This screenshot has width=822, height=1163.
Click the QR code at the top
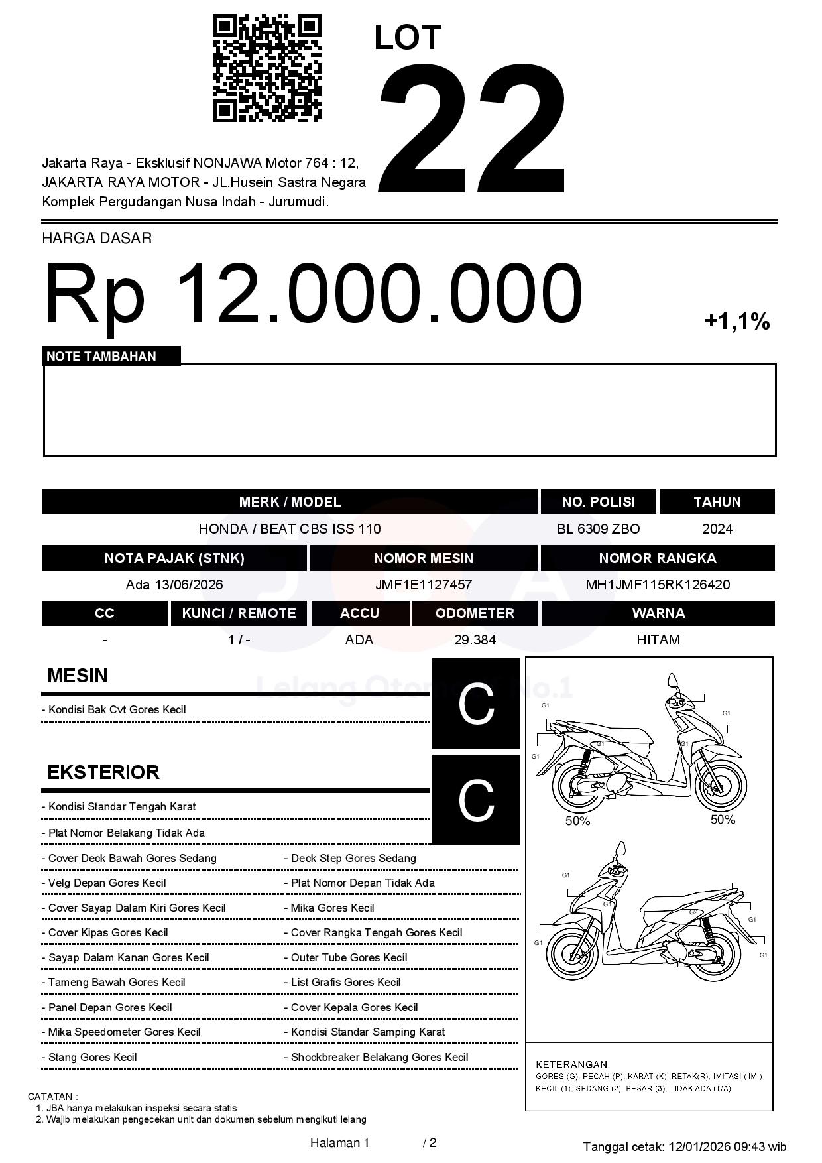coord(266,68)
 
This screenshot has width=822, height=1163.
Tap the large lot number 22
coord(473,128)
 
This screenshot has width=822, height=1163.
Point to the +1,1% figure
coord(736,322)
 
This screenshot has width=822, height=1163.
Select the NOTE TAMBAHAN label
coord(101,357)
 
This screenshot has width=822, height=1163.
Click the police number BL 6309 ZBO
coord(598,529)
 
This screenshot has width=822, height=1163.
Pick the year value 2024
coord(717,529)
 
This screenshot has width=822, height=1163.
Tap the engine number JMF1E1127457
coord(423,585)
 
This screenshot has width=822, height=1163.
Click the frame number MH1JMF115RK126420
coord(657,585)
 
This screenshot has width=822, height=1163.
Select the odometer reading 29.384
coord(475,640)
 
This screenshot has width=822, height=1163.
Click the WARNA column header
coord(658,613)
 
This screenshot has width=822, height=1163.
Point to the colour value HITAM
coord(658,640)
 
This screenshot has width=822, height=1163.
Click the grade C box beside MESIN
coord(475,704)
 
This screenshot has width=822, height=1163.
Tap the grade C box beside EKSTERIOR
coord(475,800)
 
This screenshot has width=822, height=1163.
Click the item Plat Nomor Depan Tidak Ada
coord(363,883)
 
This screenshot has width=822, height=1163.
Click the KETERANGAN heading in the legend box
coord(571,1064)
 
